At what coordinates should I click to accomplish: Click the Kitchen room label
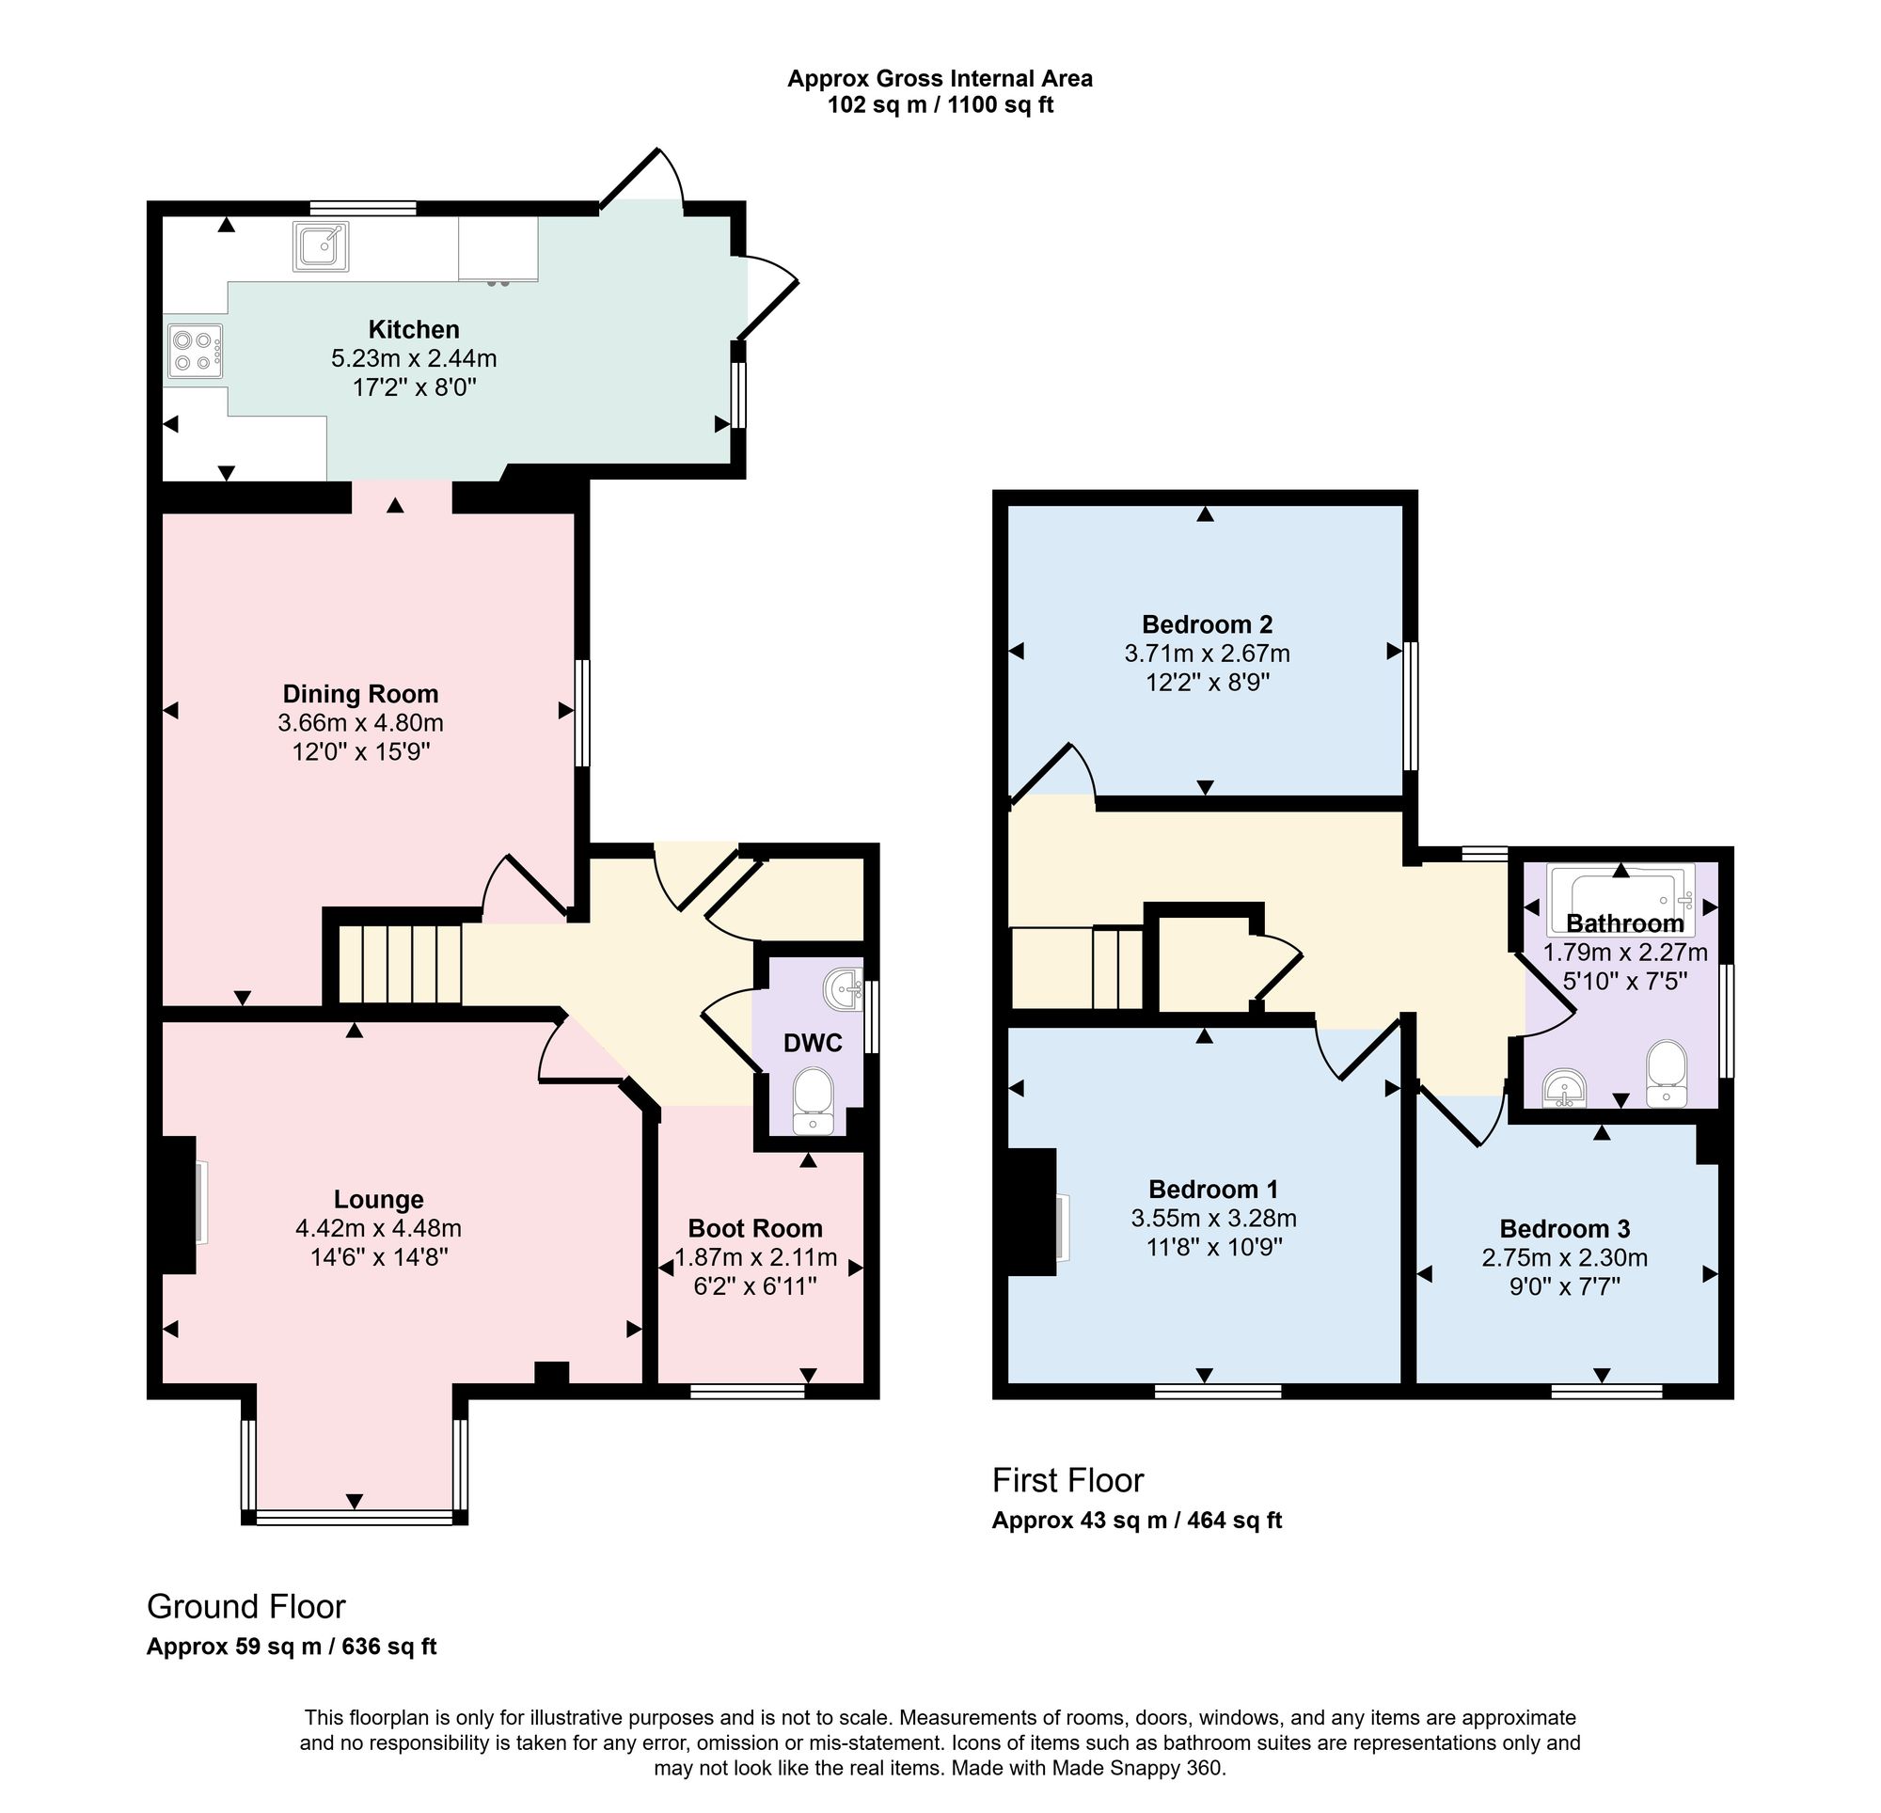pyautogui.click(x=414, y=329)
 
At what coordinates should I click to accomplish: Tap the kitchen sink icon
pyautogui.click(x=322, y=246)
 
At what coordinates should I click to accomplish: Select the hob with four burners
pyautogui.click(x=196, y=351)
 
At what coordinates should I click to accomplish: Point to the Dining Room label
pyautogui.click(x=360, y=694)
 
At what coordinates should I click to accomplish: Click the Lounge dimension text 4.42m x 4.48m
pyautogui.click(x=378, y=1227)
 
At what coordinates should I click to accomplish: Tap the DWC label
pyautogui.click(x=813, y=1042)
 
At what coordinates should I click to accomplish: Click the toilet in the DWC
pyautogui.click(x=814, y=1100)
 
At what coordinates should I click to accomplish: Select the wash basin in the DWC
pyautogui.click(x=845, y=989)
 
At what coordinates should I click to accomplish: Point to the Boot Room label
pyautogui.click(x=755, y=1228)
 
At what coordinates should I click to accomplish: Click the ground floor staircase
pyautogui.click(x=401, y=964)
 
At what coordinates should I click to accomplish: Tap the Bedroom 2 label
pyautogui.click(x=1208, y=624)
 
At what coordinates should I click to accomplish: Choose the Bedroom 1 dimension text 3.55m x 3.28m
pyautogui.click(x=1214, y=1218)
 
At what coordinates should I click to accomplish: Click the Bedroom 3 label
pyautogui.click(x=1564, y=1228)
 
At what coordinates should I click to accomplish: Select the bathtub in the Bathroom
pyautogui.click(x=1620, y=899)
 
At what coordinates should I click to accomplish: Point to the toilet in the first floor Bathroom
pyautogui.click(x=1667, y=1075)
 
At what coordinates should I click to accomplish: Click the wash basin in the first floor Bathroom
pyautogui.click(x=1564, y=1088)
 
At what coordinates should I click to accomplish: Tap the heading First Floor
pyautogui.click(x=1068, y=1480)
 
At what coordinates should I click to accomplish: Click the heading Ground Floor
pyautogui.click(x=245, y=1606)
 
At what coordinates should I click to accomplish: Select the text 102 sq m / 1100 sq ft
pyautogui.click(x=940, y=104)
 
